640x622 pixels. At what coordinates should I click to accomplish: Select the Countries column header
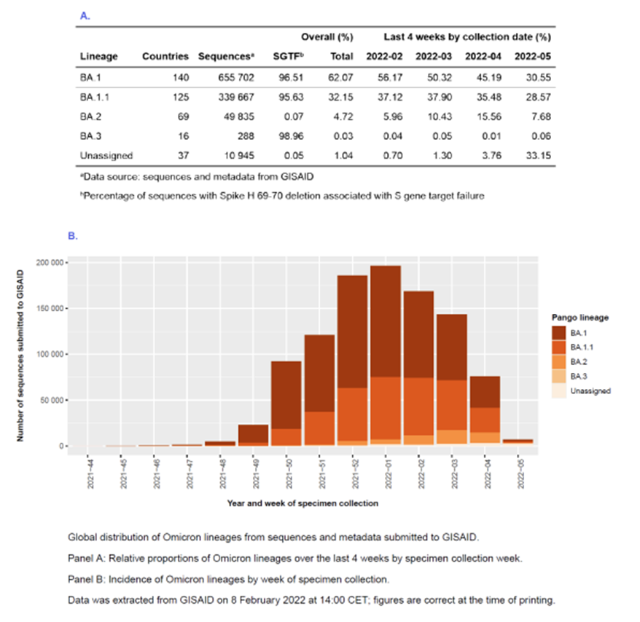[165, 56]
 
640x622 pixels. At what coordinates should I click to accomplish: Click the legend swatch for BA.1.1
[558, 347]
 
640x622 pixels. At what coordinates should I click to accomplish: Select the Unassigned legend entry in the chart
[590, 391]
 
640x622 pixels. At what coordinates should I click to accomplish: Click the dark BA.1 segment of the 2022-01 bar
[386, 320]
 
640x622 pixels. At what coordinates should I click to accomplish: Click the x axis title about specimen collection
[303, 503]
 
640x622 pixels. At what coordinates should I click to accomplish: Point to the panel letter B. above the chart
[73, 236]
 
